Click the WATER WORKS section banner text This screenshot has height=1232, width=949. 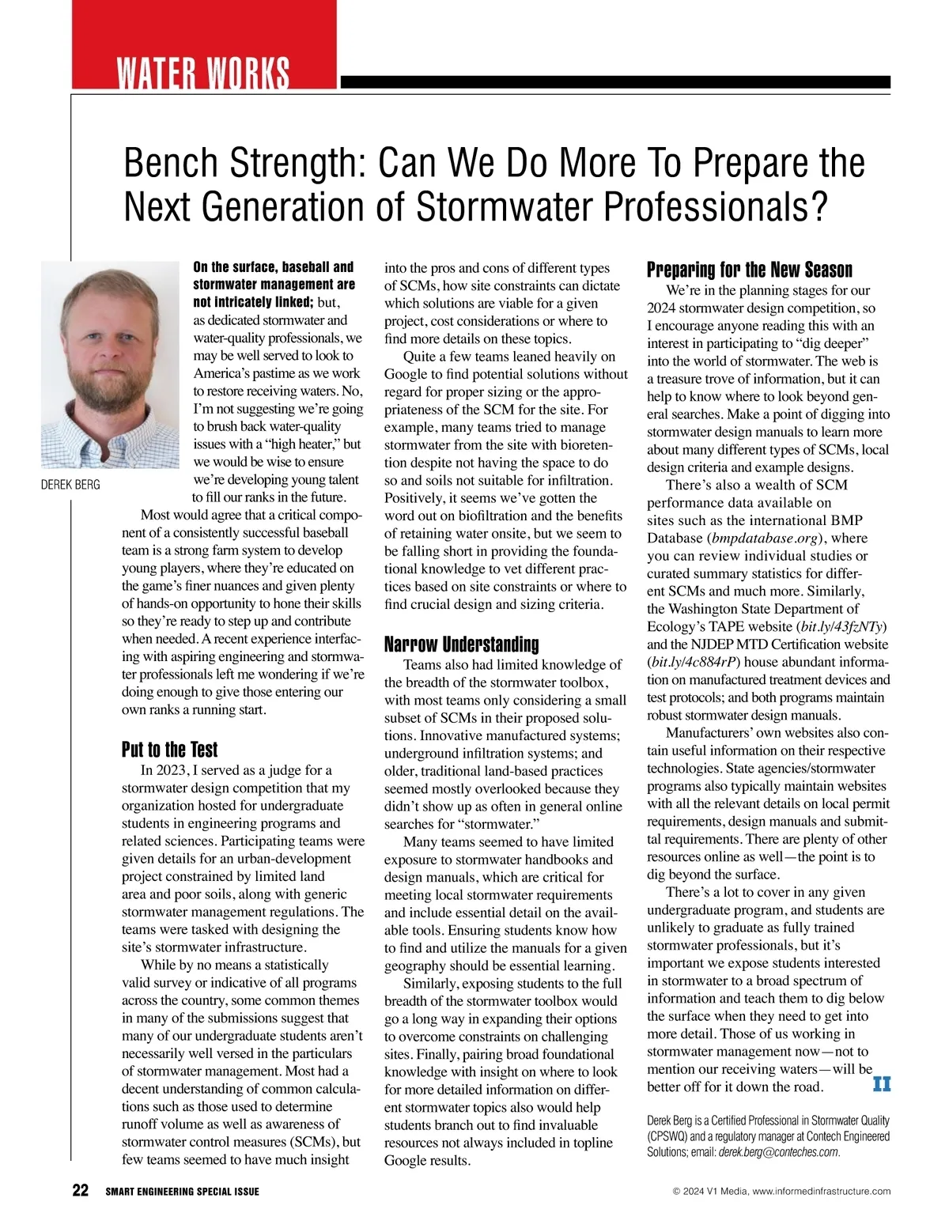pos(203,74)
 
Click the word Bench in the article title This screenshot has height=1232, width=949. pos(169,163)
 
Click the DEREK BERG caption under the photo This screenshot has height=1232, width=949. pos(70,485)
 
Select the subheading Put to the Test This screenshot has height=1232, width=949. pos(169,750)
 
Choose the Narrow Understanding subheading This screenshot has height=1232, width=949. pos(461,644)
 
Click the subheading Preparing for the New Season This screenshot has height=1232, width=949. pos(749,270)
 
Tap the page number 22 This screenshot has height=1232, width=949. pos(81,1191)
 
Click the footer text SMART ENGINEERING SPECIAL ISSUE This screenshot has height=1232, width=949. pos(182,1192)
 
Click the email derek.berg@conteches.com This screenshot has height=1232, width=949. pos(778,1152)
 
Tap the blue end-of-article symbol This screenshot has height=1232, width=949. pos(881,1084)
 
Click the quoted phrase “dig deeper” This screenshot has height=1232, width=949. pos(828,343)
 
